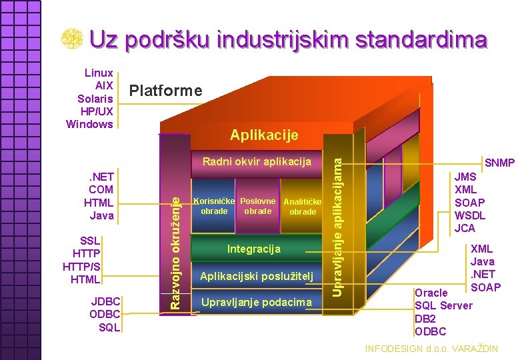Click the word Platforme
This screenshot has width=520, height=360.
165,91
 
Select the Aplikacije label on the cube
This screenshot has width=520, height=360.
264,135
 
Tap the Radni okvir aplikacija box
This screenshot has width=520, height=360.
257,161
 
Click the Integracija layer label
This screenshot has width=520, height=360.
254,249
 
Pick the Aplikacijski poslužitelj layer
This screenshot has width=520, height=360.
257,276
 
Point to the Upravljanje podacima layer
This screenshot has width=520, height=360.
257,303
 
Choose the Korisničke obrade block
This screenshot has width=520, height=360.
213,207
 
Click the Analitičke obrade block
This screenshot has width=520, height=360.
303,207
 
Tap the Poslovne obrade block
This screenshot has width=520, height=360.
258,207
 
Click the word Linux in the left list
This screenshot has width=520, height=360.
99,73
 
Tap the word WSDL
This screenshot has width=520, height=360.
469,215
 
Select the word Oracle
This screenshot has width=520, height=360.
431,293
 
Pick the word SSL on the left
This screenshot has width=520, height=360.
89,241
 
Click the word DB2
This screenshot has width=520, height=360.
425,319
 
